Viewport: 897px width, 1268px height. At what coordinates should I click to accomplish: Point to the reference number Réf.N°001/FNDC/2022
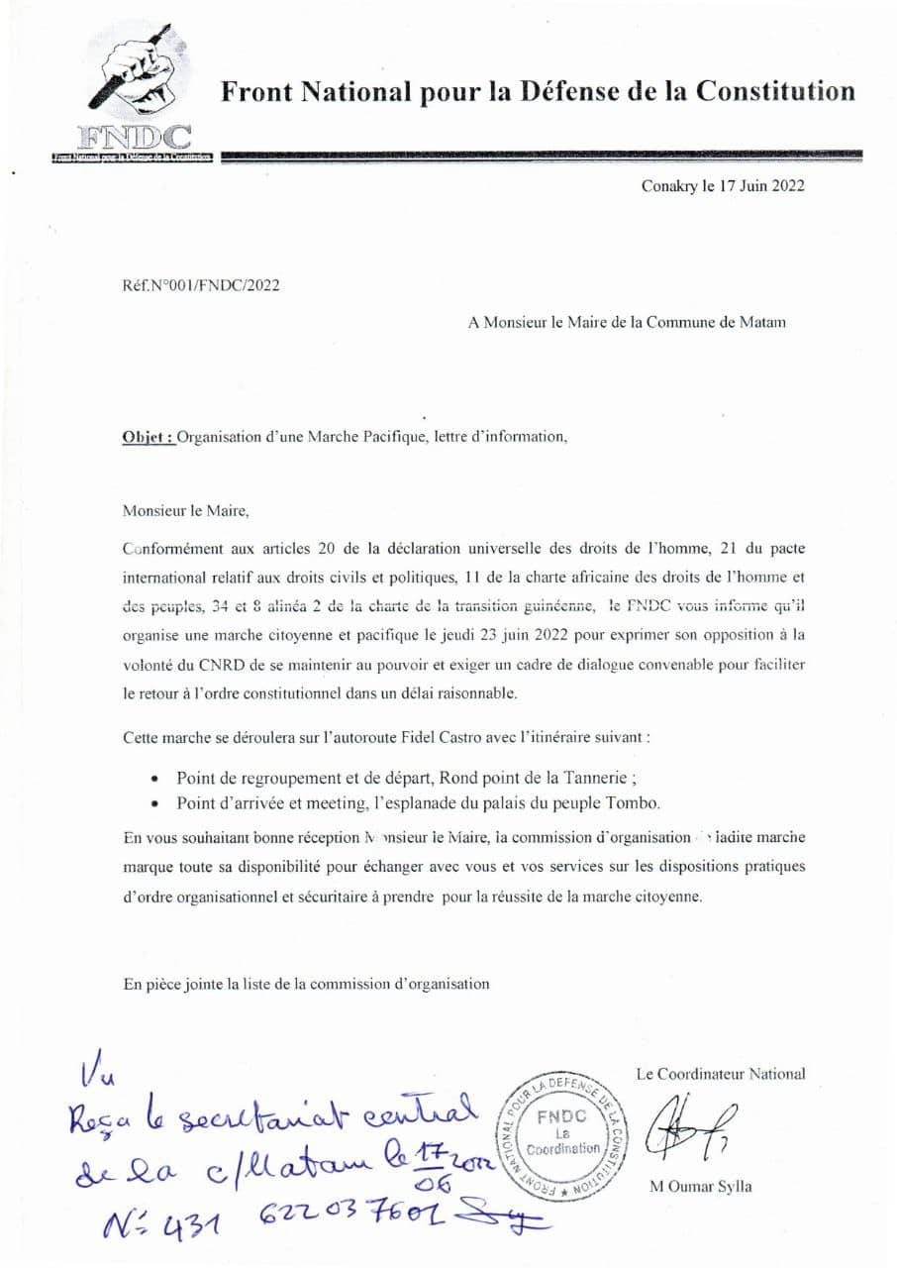(201, 285)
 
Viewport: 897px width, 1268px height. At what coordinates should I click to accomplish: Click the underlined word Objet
(149, 437)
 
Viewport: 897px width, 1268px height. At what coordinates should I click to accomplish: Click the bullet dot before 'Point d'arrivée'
(154, 803)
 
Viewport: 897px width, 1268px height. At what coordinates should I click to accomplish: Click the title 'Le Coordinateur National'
(721, 1073)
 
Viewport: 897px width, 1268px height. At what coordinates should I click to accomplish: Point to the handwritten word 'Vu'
(98, 1075)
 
